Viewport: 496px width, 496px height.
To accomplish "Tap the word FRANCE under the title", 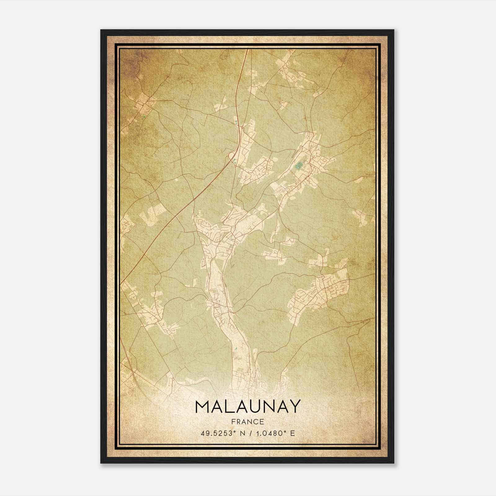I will [247, 422].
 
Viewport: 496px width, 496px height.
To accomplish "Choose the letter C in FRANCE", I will [257, 422].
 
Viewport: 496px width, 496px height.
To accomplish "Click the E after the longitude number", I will [293, 433].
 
